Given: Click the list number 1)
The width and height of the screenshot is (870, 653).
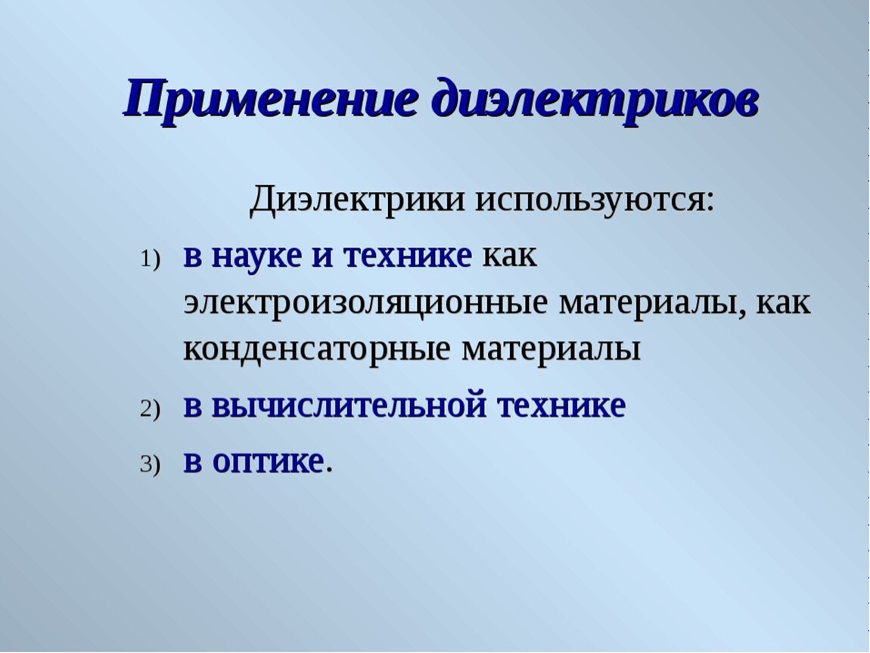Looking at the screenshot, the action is tap(150, 259).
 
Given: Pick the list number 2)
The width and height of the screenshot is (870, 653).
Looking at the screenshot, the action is tap(150, 409).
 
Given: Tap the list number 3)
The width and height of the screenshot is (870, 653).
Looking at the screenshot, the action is tap(150, 465).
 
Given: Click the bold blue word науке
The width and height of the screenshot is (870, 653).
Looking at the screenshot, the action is tap(257, 257).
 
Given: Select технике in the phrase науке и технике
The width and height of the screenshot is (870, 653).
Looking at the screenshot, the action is tap(408, 256).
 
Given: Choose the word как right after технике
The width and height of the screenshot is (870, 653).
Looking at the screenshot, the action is tap(510, 256).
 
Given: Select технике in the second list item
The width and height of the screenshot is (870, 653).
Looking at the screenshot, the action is tap(561, 405).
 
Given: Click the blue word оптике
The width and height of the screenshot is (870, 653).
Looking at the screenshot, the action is tap(268, 462).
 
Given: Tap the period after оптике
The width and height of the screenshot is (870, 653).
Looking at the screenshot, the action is tap(329, 471).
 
